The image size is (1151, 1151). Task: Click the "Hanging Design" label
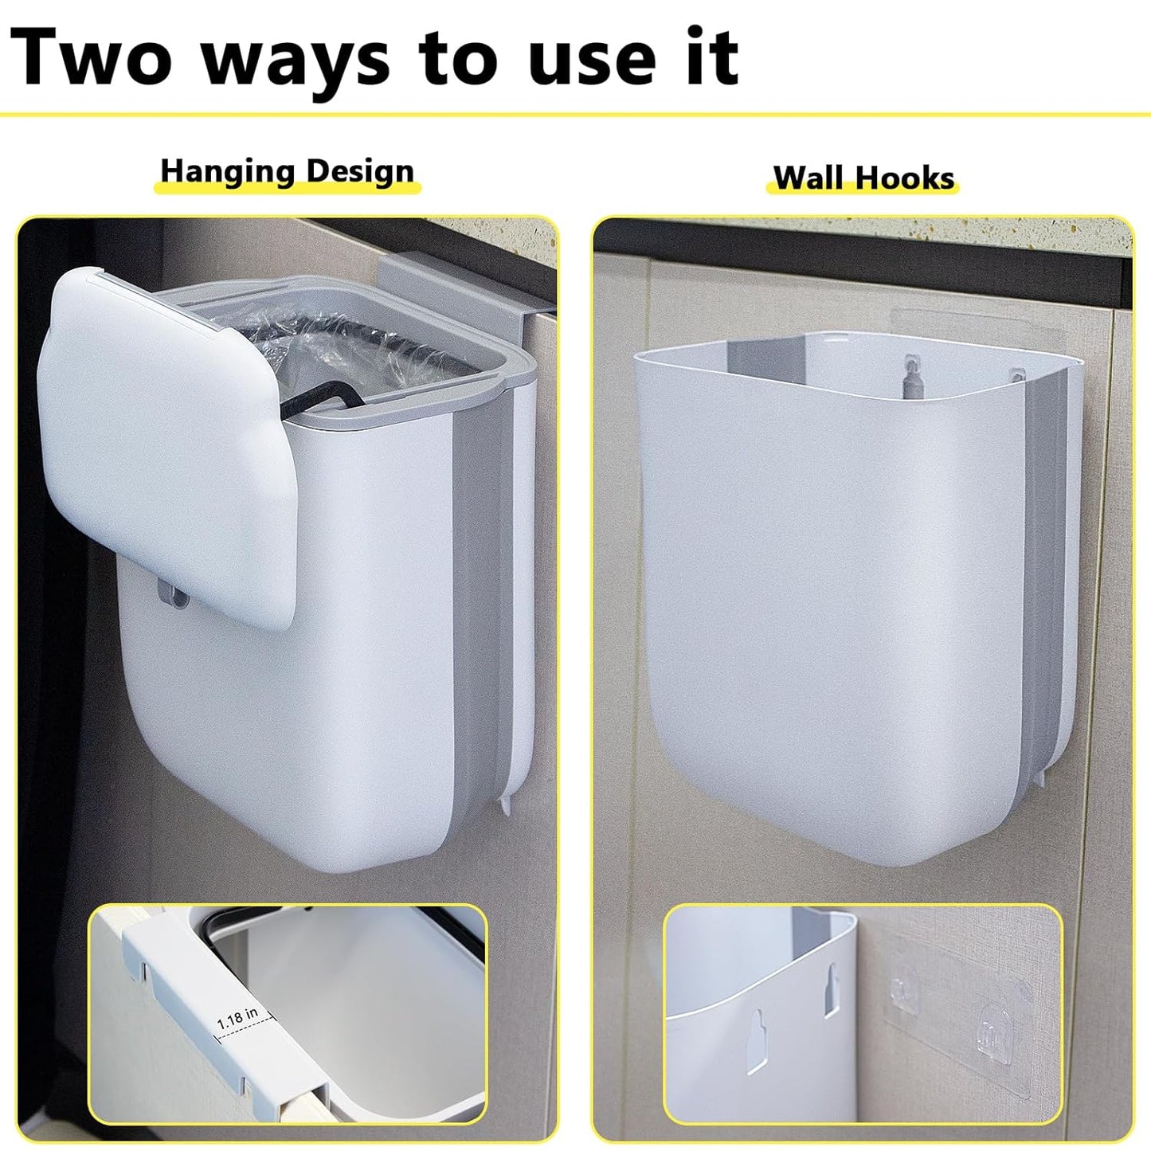pos(287,171)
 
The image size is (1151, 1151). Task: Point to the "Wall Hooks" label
pos(863,178)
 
